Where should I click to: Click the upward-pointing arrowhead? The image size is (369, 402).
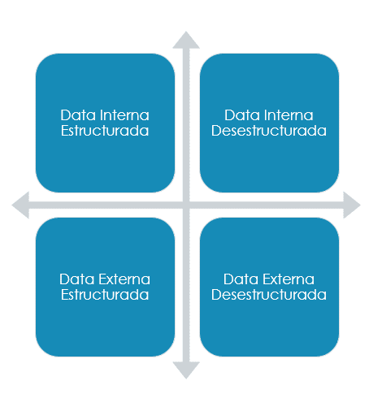(186, 41)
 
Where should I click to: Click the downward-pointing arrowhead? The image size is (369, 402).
(186, 370)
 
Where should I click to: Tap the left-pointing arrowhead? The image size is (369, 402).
(21, 205)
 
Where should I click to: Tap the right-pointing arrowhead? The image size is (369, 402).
(351, 205)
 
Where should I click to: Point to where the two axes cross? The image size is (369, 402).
(186, 205)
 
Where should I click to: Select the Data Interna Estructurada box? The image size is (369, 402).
(105, 123)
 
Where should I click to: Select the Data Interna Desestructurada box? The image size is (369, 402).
(269, 123)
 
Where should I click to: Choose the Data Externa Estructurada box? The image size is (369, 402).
(105, 287)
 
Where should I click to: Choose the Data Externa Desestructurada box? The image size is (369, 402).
(269, 287)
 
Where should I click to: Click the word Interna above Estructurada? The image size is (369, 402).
(124, 115)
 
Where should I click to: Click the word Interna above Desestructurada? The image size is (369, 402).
(289, 115)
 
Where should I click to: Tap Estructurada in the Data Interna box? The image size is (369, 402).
(105, 131)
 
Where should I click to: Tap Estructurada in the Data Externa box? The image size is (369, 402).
(105, 295)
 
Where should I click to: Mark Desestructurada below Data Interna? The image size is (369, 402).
(269, 131)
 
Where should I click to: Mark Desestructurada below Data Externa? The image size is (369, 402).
(269, 295)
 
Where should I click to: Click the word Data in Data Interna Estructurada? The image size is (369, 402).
(78, 115)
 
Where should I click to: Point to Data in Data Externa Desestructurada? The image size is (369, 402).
(241, 279)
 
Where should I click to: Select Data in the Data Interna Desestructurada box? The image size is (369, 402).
(242, 115)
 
